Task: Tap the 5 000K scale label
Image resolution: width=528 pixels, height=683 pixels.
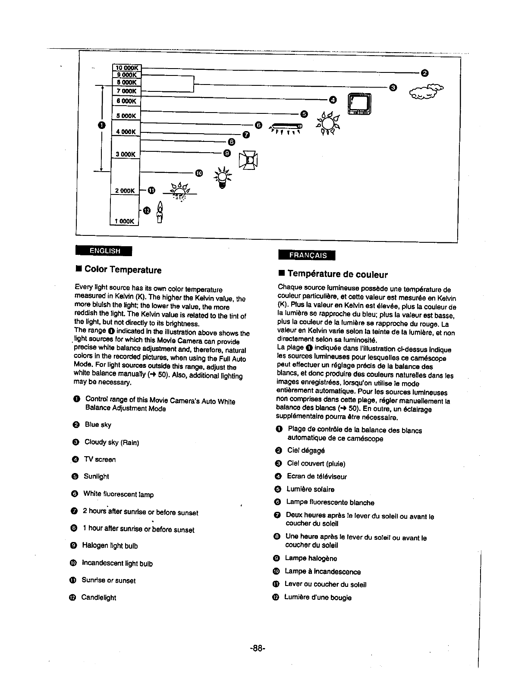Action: point(126,116)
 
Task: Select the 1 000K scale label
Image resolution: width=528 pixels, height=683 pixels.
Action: point(125,221)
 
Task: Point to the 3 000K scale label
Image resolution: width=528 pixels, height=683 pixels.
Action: point(126,154)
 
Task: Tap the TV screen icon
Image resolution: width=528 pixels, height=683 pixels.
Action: point(360,105)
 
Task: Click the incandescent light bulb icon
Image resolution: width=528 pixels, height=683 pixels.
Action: point(222,178)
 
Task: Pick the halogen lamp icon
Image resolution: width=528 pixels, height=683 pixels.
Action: point(248,160)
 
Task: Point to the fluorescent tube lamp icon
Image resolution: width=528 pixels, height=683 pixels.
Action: point(286,127)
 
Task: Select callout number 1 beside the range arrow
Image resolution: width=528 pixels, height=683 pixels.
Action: point(101,125)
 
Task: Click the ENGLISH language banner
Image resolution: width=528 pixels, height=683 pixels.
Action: point(104,251)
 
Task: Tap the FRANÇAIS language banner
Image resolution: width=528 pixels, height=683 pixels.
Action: point(307,255)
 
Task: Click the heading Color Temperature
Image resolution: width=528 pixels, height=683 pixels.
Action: point(123,270)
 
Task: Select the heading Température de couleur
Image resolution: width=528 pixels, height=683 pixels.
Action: point(337,274)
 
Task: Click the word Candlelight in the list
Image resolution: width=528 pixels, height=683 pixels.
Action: point(98,598)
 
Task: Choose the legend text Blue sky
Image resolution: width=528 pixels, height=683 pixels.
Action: point(98,425)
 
